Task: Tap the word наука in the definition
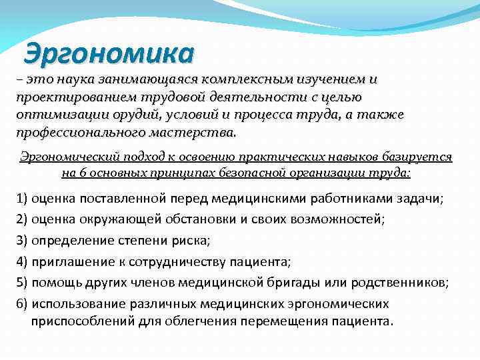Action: [x=73, y=80]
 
